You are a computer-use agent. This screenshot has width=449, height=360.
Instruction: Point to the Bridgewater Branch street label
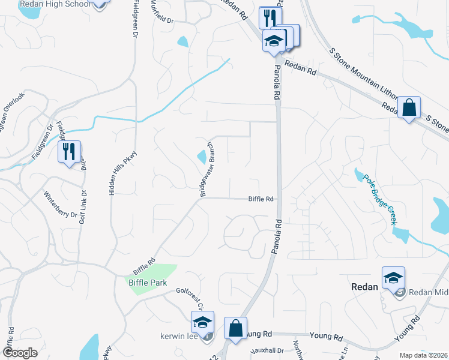207,170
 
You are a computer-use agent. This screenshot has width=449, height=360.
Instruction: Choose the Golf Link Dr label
82,207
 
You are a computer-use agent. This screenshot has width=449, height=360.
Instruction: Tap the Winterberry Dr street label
61,205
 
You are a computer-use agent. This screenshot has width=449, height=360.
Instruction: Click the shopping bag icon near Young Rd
235,328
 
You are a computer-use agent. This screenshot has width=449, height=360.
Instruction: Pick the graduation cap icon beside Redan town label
393,277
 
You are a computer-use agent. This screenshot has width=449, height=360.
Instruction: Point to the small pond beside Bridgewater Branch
201,157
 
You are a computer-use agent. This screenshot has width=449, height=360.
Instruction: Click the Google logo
20,352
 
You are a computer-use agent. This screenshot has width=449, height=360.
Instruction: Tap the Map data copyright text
423,355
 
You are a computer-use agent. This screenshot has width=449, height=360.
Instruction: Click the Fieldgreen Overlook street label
12,113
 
